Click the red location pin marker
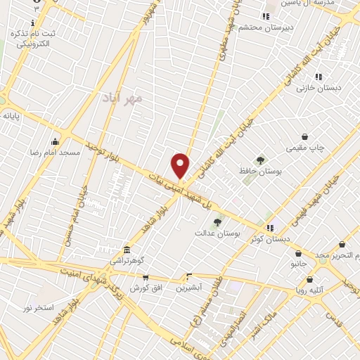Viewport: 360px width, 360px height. coord(181,165)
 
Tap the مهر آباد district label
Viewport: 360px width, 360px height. coord(122,97)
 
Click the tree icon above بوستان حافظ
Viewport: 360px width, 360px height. coord(261,161)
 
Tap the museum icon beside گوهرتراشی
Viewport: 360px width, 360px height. coord(126,250)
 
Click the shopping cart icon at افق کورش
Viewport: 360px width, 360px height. coord(146,278)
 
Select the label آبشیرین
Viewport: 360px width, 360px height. coord(188,287)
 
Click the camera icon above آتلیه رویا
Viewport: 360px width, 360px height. coord(309,278)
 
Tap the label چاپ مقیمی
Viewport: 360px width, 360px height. coord(304,148)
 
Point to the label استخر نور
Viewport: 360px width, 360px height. coord(39,308)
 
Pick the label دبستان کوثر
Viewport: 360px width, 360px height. coord(269,238)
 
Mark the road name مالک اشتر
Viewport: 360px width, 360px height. coord(266,333)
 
